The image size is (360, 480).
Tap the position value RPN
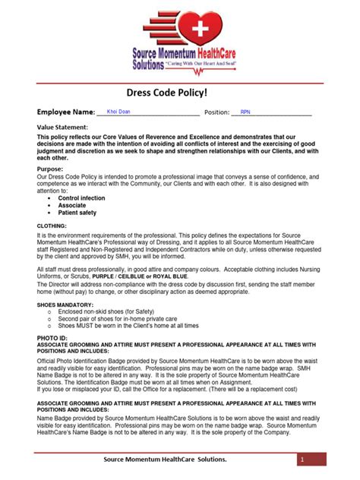[x=245, y=112]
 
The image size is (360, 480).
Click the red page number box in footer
[x=302, y=460]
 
